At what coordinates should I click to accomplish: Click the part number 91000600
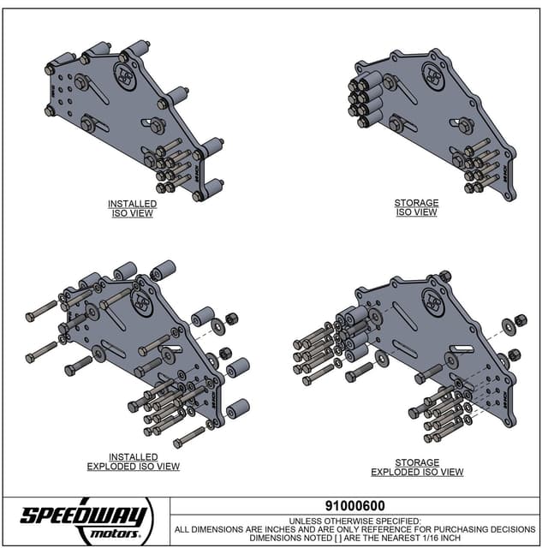click(x=354, y=506)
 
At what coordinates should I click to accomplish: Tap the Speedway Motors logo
click(x=86, y=518)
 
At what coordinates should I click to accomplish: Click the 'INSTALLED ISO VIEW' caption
click(x=132, y=208)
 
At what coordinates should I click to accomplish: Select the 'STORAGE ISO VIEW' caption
click(x=416, y=208)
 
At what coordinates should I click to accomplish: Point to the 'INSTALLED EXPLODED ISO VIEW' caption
click(x=133, y=462)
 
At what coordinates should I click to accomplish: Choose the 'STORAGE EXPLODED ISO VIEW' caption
click(x=417, y=467)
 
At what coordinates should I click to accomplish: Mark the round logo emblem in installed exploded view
click(x=142, y=302)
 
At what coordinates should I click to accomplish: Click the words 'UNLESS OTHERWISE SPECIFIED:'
click(x=354, y=520)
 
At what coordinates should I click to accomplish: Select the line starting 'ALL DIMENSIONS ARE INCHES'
click(x=354, y=528)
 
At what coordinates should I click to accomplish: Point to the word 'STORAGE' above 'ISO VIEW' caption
click(x=416, y=203)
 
